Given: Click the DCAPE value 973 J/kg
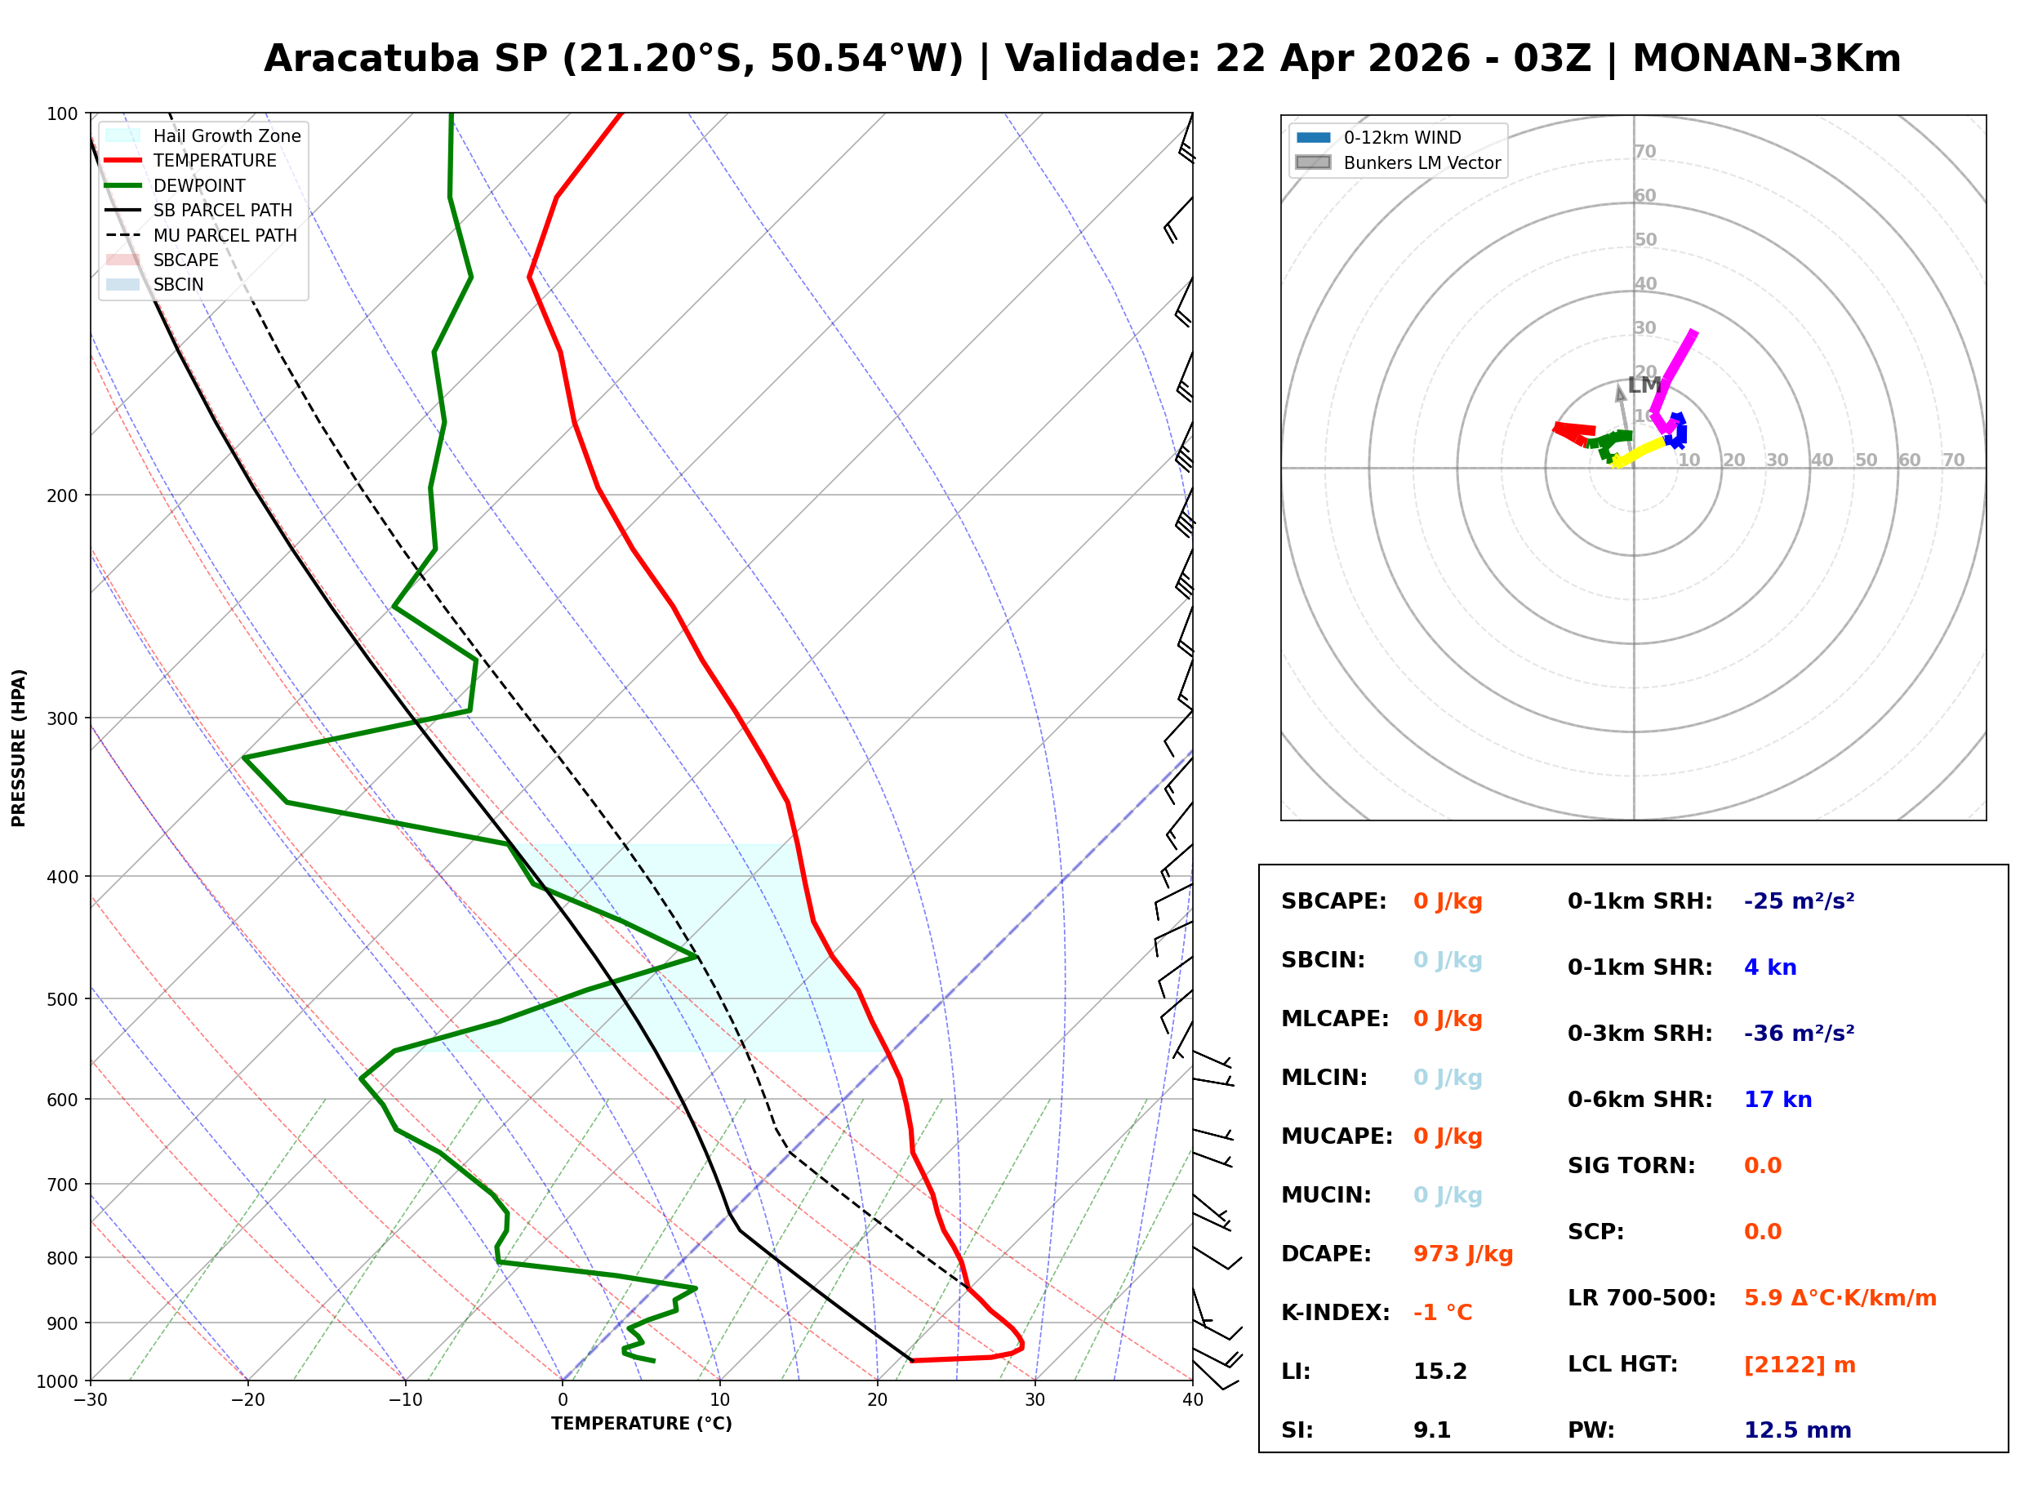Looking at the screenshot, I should [x=1462, y=1253].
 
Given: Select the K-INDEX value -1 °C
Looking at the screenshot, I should [x=1442, y=1312].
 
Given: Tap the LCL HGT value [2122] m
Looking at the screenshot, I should [x=1799, y=1365].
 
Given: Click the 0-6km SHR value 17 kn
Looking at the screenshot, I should [x=1777, y=1100].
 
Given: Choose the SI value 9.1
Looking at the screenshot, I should [x=1431, y=1430].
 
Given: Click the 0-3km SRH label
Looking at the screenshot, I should [x=1640, y=1034].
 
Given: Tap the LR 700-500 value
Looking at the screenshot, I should [x=1840, y=1298].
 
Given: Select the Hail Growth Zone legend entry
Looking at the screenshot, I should [x=226, y=136].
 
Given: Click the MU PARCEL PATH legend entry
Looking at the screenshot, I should [x=225, y=235].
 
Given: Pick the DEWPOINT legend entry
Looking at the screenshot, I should [x=199, y=185].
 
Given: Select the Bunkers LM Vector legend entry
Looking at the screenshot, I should [x=1421, y=162].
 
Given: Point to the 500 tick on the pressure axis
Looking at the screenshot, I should [x=62, y=999].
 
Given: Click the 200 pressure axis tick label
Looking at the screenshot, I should [x=62, y=496].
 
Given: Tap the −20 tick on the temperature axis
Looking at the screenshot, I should [x=247, y=1400].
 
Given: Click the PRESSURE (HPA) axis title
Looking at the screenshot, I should [x=19, y=747].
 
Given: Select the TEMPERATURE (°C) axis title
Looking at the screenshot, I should [x=641, y=1424].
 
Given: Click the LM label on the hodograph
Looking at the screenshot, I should [x=1644, y=385].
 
